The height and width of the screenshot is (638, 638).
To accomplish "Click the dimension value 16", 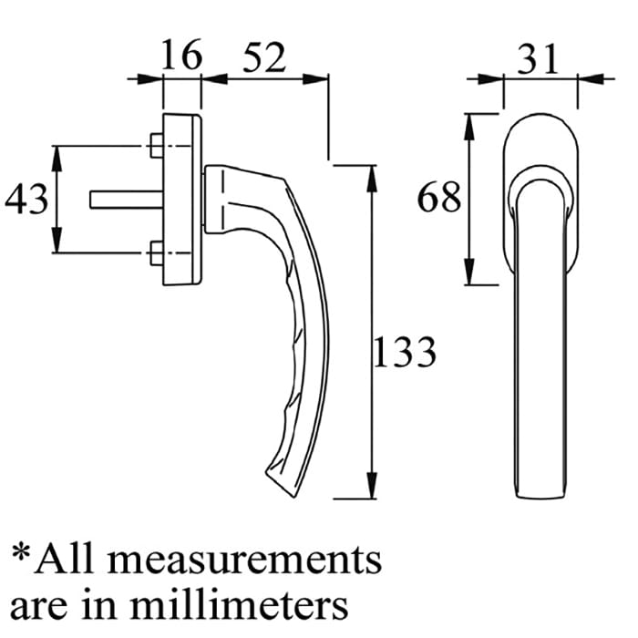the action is pyautogui.click(x=181, y=55).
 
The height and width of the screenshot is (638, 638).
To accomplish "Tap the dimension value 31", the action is pyautogui.click(x=538, y=58).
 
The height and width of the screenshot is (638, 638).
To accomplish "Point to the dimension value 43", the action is pyautogui.click(x=26, y=199).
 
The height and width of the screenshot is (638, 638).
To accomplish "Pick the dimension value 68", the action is pyautogui.click(x=439, y=197).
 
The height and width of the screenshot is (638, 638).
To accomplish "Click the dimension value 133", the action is pyautogui.click(x=405, y=352).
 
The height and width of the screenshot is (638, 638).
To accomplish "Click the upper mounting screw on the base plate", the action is pyautogui.click(x=157, y=145).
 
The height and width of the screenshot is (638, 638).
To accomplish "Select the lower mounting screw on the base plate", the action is pyautogui.click(x=157, y=253).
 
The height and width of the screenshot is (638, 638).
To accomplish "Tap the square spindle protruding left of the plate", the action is pyautogui.click(x=127, y=200).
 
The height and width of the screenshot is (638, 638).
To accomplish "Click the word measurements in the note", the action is pyautogui.click(x=244, y=560).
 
